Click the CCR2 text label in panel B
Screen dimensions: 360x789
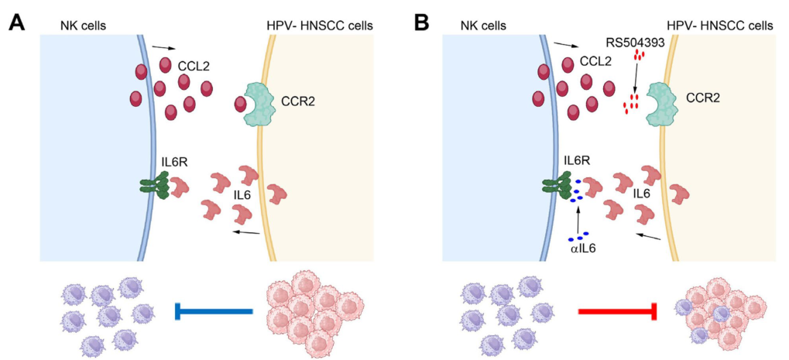click(x=702, y=99)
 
